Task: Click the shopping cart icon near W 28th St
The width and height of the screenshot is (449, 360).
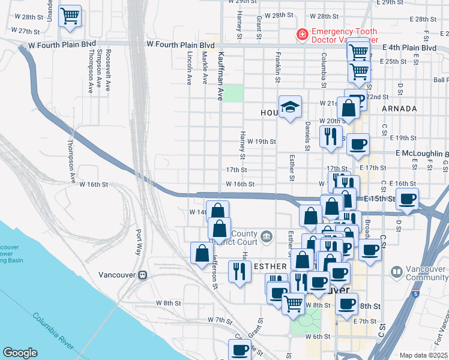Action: tap(70, 16)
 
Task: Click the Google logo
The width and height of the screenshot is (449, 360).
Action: tap(20, 353)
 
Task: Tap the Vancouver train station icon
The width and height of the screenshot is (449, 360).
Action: tap(143, 275)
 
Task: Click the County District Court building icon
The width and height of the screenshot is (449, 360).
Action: tap(265, 238)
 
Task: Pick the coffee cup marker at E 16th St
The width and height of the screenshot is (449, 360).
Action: tap(408, 199)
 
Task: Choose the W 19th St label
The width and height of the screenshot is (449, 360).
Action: tap(261, 142)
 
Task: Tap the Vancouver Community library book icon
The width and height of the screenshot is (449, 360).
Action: tap(396, 272)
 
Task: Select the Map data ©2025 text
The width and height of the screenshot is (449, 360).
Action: tap(423, 355)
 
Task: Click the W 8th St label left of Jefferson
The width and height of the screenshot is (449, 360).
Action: tap(168, 303)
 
